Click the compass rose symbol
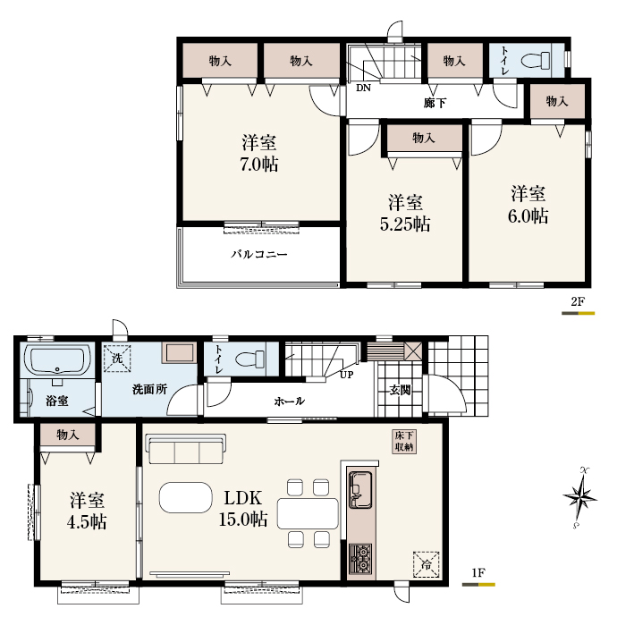point(579,497)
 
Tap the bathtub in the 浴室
point(57,360)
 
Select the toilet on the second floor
point(536,61)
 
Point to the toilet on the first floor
point(249,359)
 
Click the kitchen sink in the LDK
point(360,489)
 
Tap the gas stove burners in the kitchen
point(360,558)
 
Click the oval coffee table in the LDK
point(186,497)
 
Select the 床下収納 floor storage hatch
point(404,441)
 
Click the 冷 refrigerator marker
point(426,564)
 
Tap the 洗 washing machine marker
point(117,358)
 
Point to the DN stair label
point(363,88)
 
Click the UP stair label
point(346,375)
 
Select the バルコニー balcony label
point(259,254)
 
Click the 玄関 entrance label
point(401,390)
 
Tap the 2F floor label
point(578,301)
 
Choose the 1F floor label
point(478,572)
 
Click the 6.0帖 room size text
point(528,216)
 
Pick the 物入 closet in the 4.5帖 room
point(68,435)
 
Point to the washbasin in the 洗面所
point(179,352)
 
